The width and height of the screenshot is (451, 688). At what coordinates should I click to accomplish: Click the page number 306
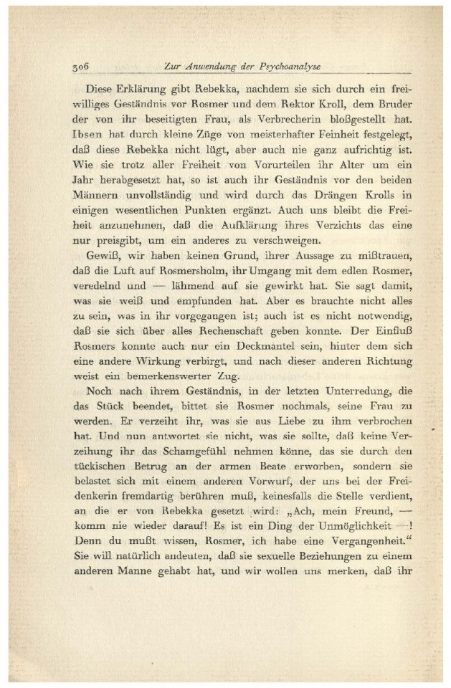coord(80,67)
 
